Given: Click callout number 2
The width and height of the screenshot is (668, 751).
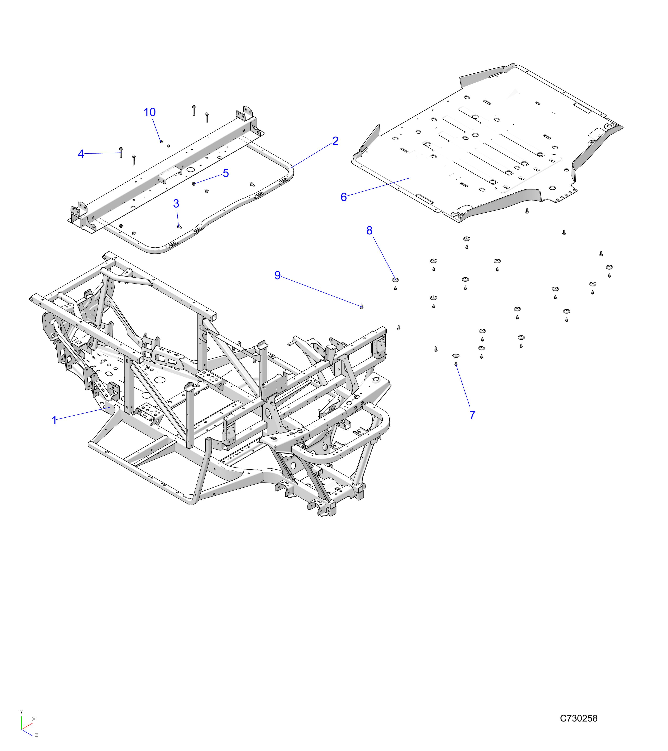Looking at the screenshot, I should [335, 141].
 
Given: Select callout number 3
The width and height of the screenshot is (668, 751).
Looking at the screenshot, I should [176, 204].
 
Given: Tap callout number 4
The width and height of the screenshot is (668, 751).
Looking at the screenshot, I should [81, 154].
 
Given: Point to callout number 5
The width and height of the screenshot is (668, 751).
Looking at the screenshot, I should [226, 173].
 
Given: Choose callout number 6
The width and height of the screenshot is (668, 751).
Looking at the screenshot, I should [343, 197].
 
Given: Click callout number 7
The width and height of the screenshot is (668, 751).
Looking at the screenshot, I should [472, 415].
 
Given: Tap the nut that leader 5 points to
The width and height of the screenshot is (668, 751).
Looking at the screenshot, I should [194, 184].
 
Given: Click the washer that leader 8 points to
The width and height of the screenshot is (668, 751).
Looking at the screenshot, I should [395, 280].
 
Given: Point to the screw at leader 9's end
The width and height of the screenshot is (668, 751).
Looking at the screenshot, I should [362, 306].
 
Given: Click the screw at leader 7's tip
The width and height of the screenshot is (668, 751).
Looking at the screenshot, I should [456, 364].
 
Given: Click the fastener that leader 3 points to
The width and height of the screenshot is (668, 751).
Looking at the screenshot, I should [179, 226].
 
